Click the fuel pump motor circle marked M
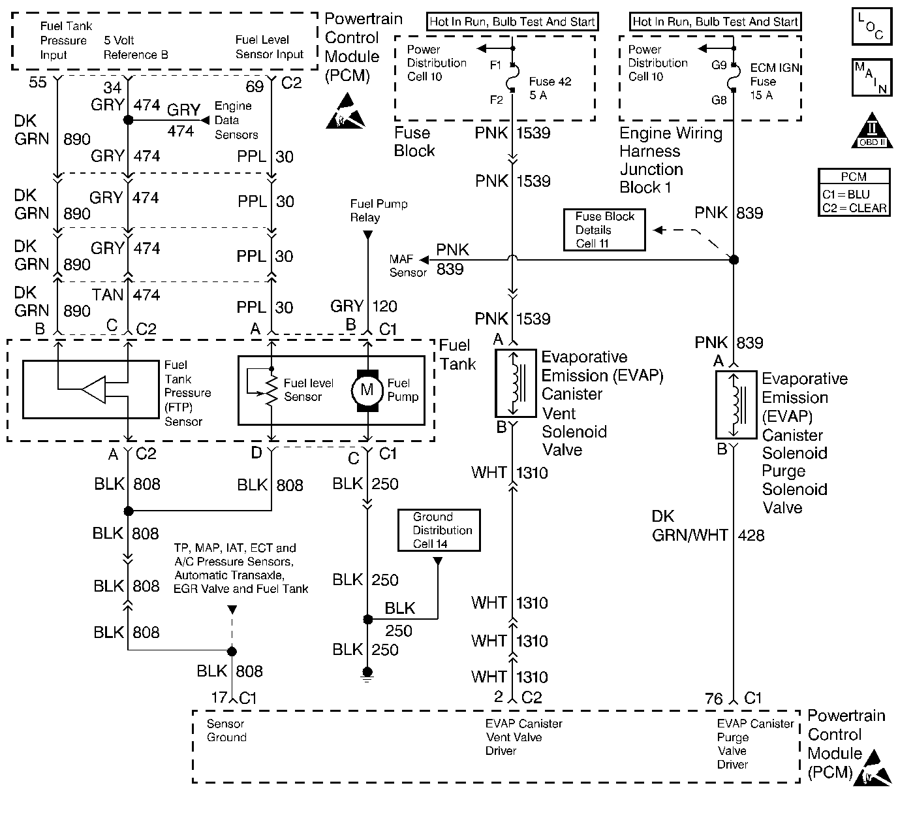pos(367,390)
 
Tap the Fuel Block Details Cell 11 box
pos(604,230)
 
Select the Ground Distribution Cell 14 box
pos(439,530)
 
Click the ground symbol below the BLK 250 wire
pos(367,674)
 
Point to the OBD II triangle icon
pos(872,131)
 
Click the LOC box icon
pos(872,26)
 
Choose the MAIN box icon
pos(872,78)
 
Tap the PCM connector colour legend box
pos(854,192)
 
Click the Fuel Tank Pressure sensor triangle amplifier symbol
pos(93,389)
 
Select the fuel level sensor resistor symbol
pos(271,389)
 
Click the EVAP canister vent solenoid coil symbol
pos(516,383)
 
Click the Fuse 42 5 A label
pos(550,88)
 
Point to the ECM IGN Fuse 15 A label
pos(775,82)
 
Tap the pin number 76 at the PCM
pos(713,699)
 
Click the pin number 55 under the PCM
pos(38,82)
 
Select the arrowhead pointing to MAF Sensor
pos(424,260)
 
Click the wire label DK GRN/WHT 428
pos(707,526)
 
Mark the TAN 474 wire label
pos(126,295)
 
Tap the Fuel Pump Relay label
pos(379,210)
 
